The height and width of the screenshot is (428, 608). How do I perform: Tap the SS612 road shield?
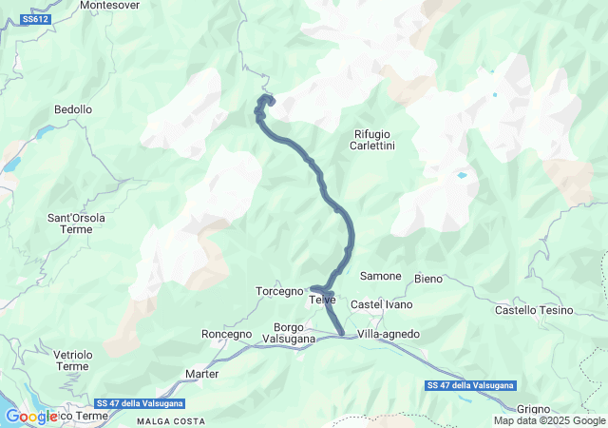(35, 19)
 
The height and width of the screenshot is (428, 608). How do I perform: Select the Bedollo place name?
(73, 110)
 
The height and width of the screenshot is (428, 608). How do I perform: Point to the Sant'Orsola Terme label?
(77, 224)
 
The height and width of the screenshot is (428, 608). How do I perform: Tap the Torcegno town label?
(278, 290)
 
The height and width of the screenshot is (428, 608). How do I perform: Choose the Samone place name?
(381, 276)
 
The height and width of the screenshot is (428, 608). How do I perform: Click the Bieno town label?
(428, 279)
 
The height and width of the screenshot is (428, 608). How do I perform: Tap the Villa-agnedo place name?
(389, 334)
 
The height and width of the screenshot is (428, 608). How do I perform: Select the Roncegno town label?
(227, 334)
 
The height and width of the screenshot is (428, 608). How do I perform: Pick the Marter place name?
(202, 374)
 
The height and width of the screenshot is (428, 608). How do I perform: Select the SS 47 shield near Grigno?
(470, 385)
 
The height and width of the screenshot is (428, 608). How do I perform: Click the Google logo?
(31, 416)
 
